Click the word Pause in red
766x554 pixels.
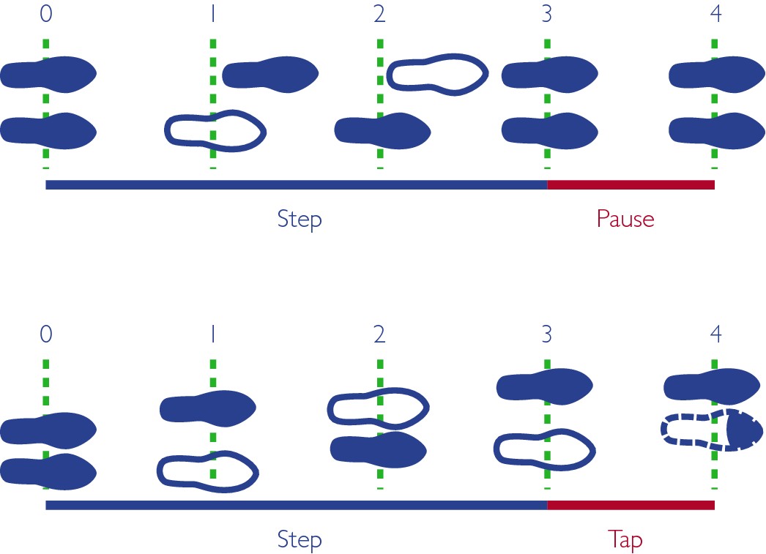(x=625, y=219)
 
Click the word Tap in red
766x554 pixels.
(x=625, y=540)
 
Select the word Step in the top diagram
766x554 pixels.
(x=300, y=219)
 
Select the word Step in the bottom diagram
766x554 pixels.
(x=300, y=540)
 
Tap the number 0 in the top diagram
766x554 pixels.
(x=45, y=15)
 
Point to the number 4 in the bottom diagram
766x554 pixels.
(x=715, y=334)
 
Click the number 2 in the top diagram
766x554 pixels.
(x=379, y=15)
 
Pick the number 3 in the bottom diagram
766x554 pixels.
(x=547, y=334)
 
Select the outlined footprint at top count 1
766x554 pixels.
(x=214, y=130)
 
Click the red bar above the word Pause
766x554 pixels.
(x=631, y=184)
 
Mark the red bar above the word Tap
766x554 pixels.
(x=631, y=505)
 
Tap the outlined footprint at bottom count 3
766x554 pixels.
(x=543, y=447)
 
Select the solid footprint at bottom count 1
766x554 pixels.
(x=208, y=407)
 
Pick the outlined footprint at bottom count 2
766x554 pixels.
(x=377, y=408)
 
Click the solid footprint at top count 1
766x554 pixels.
(x=270, y=73)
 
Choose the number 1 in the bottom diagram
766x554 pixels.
(x=212, y=334)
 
